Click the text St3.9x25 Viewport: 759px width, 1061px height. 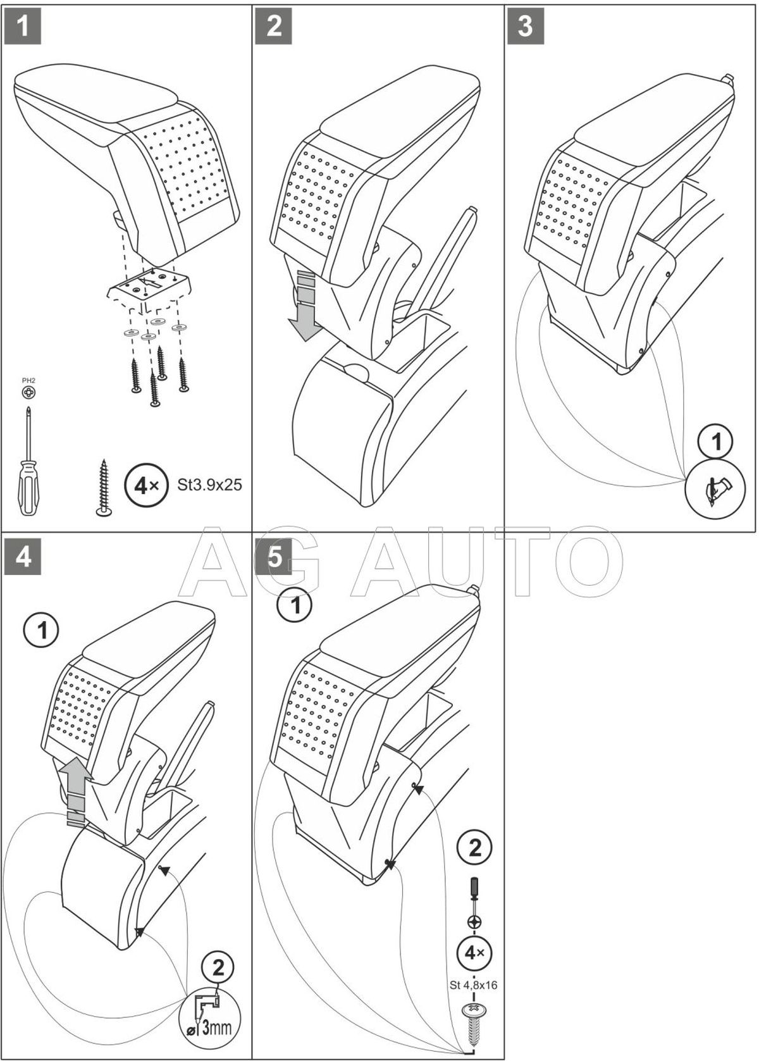point(210,485)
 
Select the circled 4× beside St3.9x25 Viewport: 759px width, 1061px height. point(146,485)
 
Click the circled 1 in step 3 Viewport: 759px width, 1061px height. point(717,441)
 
